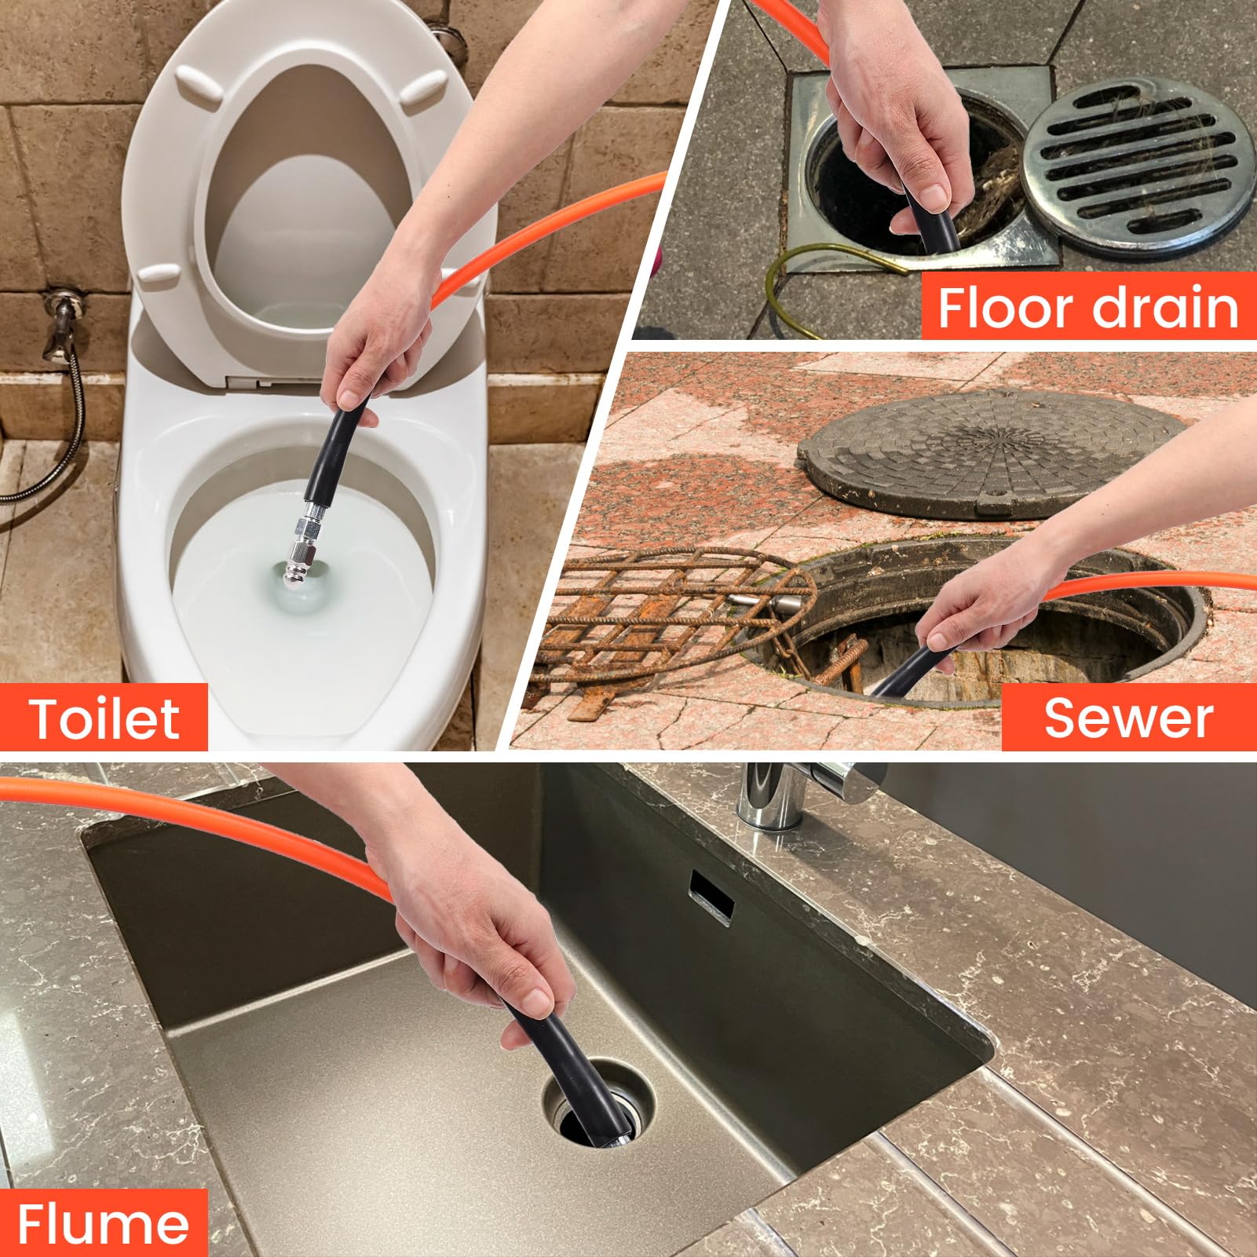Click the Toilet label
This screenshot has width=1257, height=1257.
[x=104, y=718]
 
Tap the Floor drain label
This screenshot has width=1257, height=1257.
[x=1088, y=307]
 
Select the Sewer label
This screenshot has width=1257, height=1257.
[x=1128, y=718]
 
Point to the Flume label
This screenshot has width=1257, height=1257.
[x=103, y=1223]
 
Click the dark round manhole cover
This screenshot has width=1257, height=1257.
[x=992, y=455]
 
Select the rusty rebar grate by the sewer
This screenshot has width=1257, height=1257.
[x=675, y=620]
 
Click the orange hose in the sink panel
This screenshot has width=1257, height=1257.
[x=196, y=817]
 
